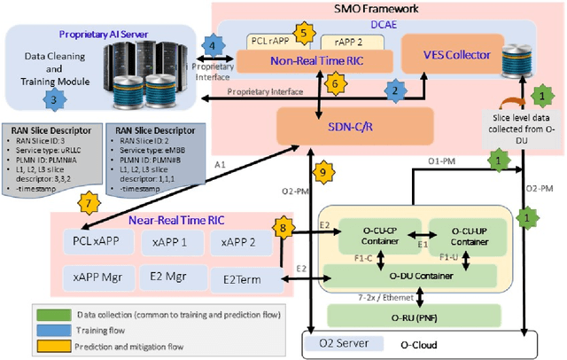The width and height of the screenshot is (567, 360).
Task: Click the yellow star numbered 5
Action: point(304,35)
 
